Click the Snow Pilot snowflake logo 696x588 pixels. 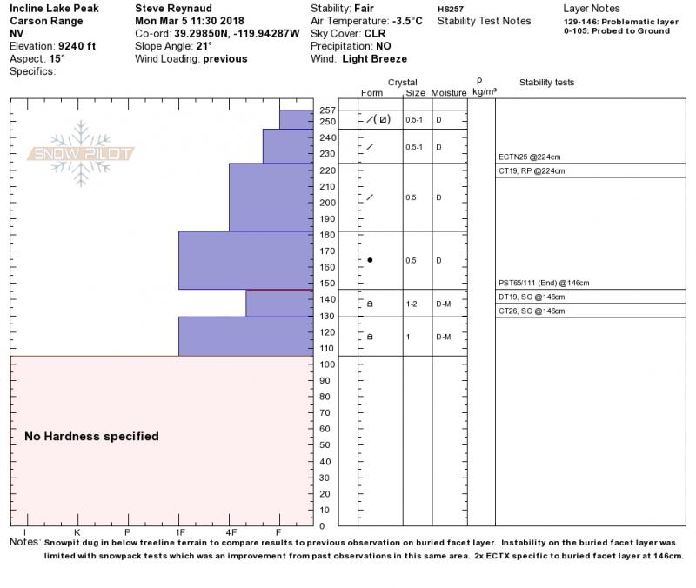pos(81,153)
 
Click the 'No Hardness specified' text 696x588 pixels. pos(91,437)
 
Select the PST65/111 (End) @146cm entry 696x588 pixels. pos(544,284)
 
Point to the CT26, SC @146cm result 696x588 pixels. pos(531,311)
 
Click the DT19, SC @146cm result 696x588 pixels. pos(531,297)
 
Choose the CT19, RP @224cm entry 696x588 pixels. pos(531,171)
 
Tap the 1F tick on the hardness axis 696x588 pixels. pos(179,532)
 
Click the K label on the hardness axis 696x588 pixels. pos(77,532)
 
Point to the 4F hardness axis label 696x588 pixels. pos(231,532)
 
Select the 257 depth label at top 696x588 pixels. pos(327,110)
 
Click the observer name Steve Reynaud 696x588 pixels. pos(174,8)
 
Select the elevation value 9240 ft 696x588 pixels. pos(78,46)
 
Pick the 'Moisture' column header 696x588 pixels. pos(449,92)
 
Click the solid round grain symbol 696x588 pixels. pos(370,260)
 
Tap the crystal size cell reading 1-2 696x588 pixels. pos(412,304)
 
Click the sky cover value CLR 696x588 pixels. pos(375,34)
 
